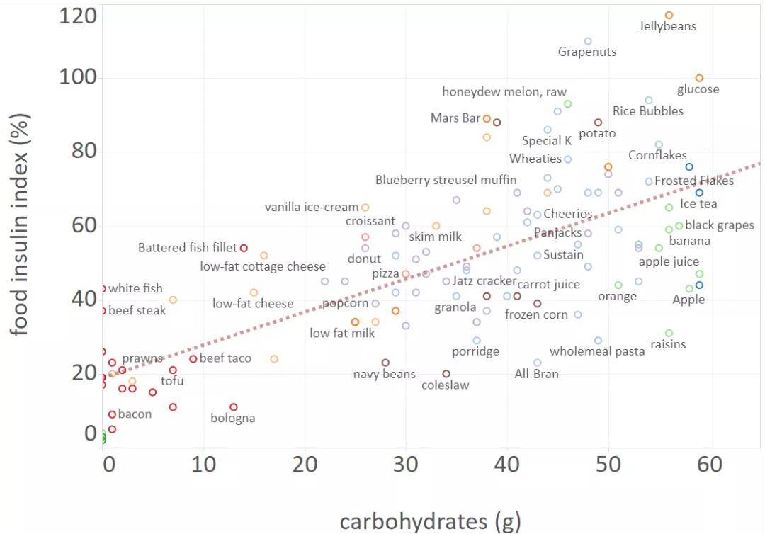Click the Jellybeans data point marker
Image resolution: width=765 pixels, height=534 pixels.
pyautogui.click(x=669, y=16)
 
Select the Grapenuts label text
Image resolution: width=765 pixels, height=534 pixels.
pyautogui.click(x=587, y=52)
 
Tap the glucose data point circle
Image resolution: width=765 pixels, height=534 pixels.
pyautogui.click(x=699, y=78)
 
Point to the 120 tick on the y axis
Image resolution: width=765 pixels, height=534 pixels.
pyautogui.click(x=78, y=16)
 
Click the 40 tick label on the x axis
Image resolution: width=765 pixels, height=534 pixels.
pyautogui.click(x=507, y=464)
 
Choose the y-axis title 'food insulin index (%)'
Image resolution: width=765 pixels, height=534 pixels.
pyautogui.click(x=20, y=225)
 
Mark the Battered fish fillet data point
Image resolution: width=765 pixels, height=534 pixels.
pyautogui.click(x=244, y=248)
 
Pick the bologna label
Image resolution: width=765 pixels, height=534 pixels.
pyautogui.click(x=233, y=419)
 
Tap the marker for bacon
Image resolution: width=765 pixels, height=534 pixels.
pyautogui.click(x=112, y=414)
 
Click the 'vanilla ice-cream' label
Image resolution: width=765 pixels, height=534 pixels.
pyautogui.click(x=311, y=208)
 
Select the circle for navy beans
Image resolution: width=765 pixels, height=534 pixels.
pyautogui.click(x=385, y=363)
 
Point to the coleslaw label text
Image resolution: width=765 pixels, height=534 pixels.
pyautogui.click(x=446, y=385)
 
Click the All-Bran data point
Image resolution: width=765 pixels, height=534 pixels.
pyautogui.click(x=537, y=363)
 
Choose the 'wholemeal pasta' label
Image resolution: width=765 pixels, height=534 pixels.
pyautogui.click(x=597, y=351)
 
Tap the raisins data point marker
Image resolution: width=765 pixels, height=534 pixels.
pyautogui.click(x=669, y=333)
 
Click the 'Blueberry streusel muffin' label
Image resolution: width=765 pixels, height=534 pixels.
pyautogui.click(x=446, y=180)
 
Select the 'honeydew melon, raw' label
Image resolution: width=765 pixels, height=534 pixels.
pyautogui.click(x=504, y=91)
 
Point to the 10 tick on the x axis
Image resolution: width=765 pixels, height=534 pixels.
pyautogui.click(x=203, y=464)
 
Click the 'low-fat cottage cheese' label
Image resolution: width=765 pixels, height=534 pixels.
pyautogui.click(x=263, y=266)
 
